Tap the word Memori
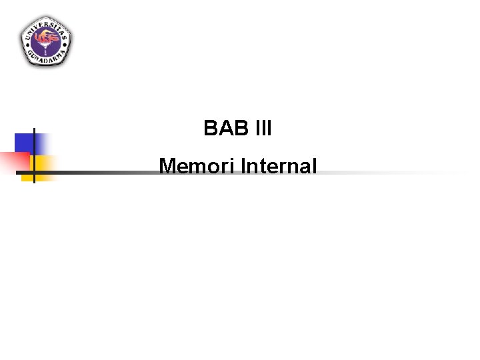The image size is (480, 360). tap(197, 166)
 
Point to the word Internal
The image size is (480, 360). tap(279, 166)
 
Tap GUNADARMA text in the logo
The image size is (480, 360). tap(46, 59)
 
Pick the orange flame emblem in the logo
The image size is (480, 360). tap(46, 38)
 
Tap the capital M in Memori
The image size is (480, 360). tap(167, 166)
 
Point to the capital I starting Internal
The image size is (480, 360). tap(243, 166)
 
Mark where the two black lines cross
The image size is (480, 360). tap(34, 173)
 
